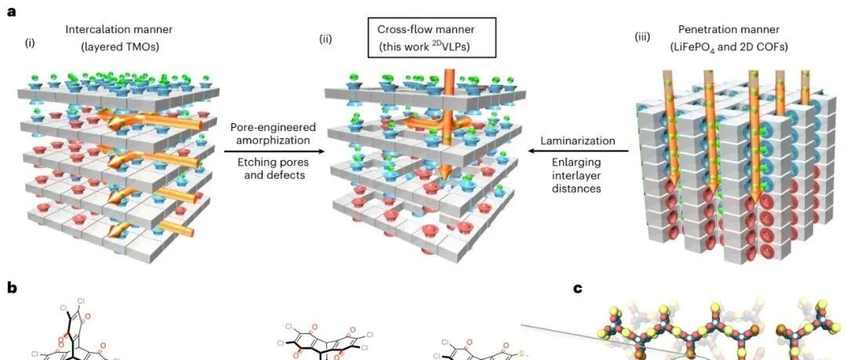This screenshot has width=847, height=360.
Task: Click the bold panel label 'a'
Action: pos(12,11)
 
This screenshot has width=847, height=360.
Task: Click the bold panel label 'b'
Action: pos(12,288)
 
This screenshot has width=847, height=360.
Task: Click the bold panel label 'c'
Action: pos(578,289)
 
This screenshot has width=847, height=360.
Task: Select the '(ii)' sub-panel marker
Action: pos(325,39)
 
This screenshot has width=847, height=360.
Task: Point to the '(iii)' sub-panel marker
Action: pos(642,38)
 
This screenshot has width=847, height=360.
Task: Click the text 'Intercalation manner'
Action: pos(119,29)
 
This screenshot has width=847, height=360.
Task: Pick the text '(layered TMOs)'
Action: pos(119,47)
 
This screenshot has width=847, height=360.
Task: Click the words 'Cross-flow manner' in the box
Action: pos(431,29)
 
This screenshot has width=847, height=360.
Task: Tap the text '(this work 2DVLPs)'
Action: pos(431,46)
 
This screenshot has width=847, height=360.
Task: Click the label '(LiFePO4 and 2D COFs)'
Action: pos(732,47)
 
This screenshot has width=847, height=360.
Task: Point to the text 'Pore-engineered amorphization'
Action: pos(273,134)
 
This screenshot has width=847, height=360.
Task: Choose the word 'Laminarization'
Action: pos(577,141)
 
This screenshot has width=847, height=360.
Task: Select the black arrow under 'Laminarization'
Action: pos(578,152)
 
